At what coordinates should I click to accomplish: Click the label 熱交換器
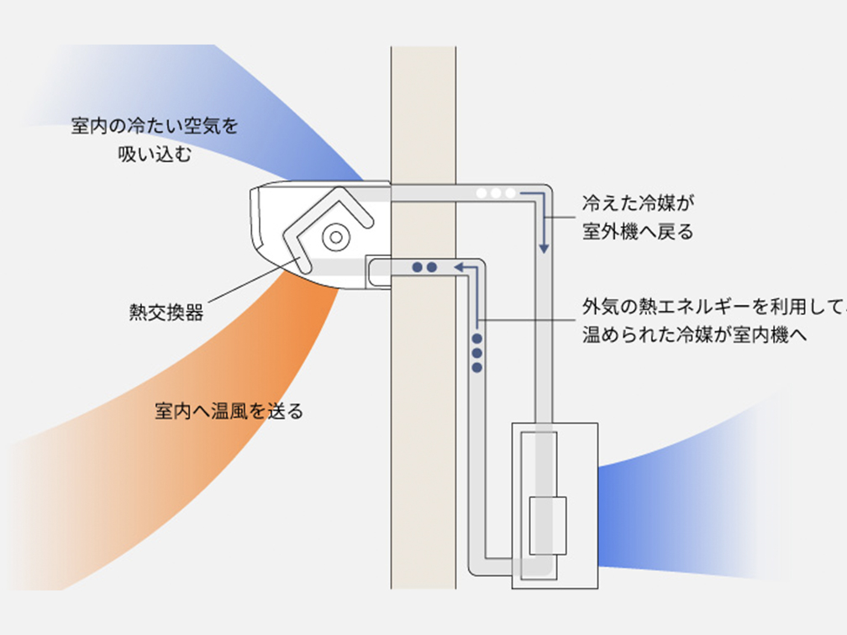[x=166, y=313]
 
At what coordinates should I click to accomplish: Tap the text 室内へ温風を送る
[x=229, y=412]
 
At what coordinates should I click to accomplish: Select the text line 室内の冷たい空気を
[x=155, y=127]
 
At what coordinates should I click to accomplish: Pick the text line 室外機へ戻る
[x=639, y=233]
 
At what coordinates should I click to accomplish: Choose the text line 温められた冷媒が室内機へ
[x=694, y=335]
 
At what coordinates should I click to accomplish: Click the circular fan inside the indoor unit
[x=335, y=237]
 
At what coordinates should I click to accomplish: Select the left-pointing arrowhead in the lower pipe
[x=460, y=267]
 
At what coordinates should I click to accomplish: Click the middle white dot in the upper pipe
[x=496, y=193]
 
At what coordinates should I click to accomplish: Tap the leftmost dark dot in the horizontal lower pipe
[x=417, y=267]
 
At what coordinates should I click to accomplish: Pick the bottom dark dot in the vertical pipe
[x=476, y=366]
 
